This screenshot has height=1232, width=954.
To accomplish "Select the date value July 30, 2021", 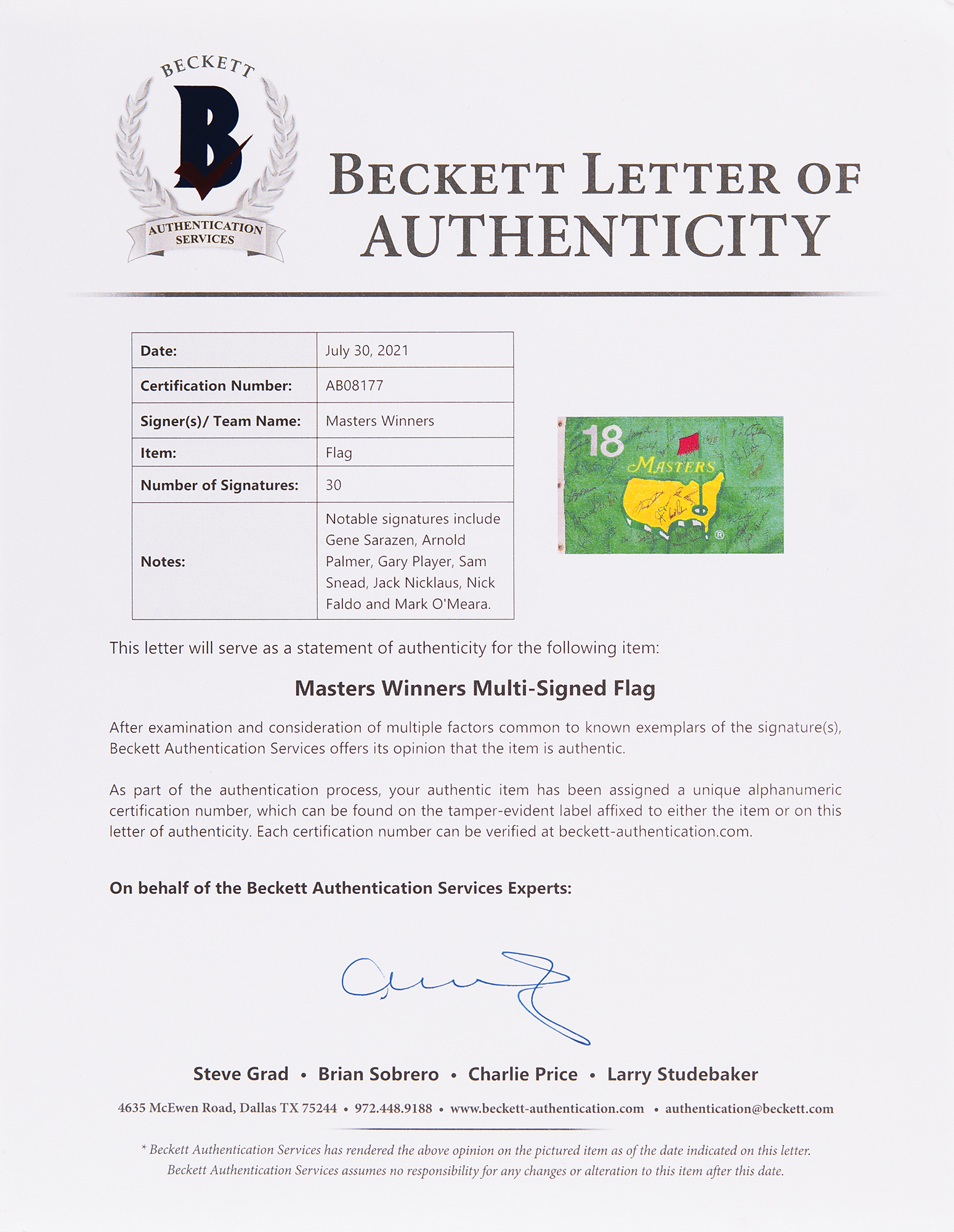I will click(366, 351).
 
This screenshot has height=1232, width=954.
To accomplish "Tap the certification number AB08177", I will click(354, 386).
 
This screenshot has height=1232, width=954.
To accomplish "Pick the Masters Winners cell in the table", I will click(379, 421).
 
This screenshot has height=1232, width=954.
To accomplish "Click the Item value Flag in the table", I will click(339, 453).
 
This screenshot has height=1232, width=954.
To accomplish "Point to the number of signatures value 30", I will click(333, 485).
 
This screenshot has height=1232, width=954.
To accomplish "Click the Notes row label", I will click(163, 561).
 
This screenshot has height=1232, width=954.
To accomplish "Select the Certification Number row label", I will click(216, 386).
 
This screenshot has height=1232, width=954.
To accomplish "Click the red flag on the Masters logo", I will click(689, 445).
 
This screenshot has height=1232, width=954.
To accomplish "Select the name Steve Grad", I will click(241, 1074).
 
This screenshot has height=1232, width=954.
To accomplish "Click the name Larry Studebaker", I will click(682, 1074).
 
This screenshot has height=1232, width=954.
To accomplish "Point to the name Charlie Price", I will click(523, 1074).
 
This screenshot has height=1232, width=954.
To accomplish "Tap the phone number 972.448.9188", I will click(393, 1109).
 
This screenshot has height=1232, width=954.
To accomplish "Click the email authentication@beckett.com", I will click(749, 1109).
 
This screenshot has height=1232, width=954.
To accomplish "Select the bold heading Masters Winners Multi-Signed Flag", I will click(475, 688).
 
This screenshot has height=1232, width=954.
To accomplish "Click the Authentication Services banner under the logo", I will click(205, 233).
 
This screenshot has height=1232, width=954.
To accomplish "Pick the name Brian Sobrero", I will click(378, 1074).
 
